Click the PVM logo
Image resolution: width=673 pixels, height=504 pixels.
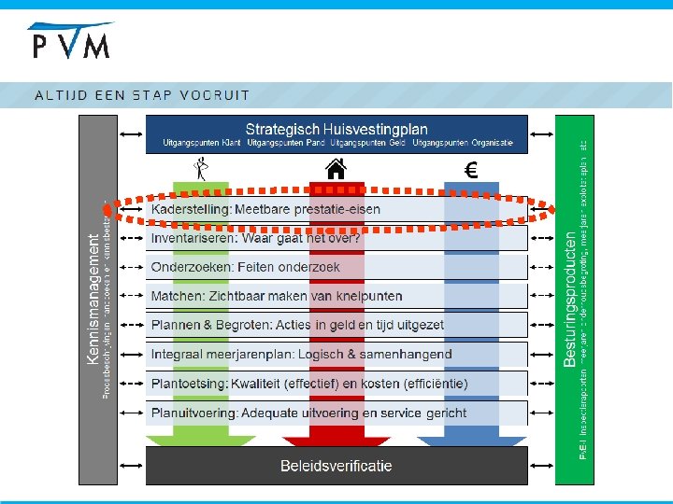pyautogui.click(x=71, y=42)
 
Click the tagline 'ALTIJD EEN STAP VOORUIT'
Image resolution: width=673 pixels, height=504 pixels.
pyautogui.click(x=142, y=94)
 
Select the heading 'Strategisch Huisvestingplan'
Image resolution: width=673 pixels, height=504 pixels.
pyautogui.click(x=336, y=129)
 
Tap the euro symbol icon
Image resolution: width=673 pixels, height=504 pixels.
pyautogui.click(x=471, y=170)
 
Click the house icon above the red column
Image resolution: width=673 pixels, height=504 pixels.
pyautogui.click(x=336, y=168)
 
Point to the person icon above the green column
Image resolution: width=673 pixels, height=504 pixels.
pyautogui.click(x=200, y=168)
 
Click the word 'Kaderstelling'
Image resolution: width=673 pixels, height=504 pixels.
pyautogui.click(x=191, y=209)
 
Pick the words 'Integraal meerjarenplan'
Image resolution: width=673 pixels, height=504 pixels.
pyautogui.click(x=228, y=354)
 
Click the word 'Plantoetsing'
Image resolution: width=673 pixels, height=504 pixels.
pyautogui.click(x=189, y=383)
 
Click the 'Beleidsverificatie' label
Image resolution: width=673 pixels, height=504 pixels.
pyautogui.click(x=336, y=465)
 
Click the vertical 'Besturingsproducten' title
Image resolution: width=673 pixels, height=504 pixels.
pyautogui.click(x=570, y=299)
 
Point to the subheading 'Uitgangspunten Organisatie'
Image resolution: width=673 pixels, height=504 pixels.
pyautogui.click(x=463, y=143)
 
